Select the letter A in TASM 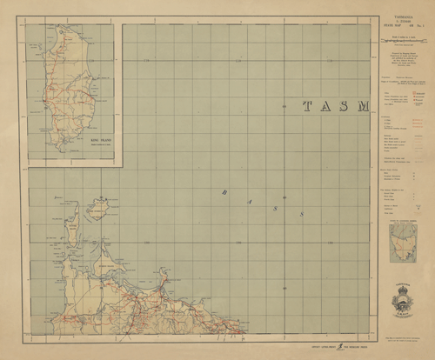pos(324,107)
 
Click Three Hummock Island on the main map pos(96,212)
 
